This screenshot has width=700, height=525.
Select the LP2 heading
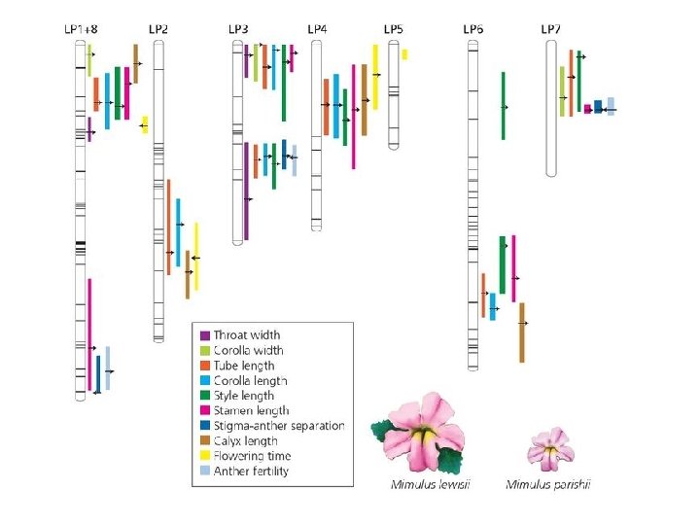(158, 29)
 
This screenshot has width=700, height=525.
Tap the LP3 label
(238, 29)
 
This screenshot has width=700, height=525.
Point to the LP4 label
(317, 29)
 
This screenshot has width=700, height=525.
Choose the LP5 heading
(394, 29)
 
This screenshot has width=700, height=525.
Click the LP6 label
(472, 29)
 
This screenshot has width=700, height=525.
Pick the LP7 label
(551, 29)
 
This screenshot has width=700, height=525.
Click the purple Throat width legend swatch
(204, 335)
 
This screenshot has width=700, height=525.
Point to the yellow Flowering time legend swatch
(204, 456)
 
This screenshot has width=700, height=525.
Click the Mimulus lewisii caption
(424, 485)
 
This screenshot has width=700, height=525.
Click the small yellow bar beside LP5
(404, 54)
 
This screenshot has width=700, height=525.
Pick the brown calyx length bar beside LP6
(522, 332)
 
